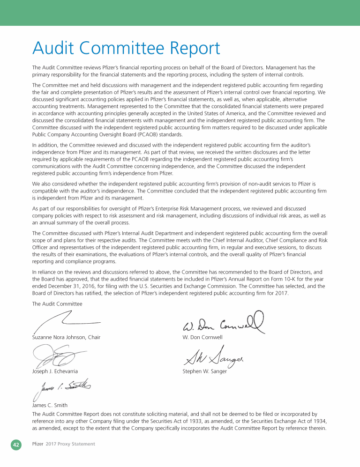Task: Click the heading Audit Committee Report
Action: [x=126, y=48]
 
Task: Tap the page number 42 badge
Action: [x=16, y=445]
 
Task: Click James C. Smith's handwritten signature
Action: [x=60, y=388]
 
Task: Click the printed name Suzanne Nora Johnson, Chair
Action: [x=66, y=337]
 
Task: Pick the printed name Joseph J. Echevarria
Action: [x=55, y=371]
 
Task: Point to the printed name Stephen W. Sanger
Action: [x=204, y=371]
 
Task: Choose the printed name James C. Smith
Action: [x=50, y=405]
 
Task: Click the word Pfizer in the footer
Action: [x=37, y=444]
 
